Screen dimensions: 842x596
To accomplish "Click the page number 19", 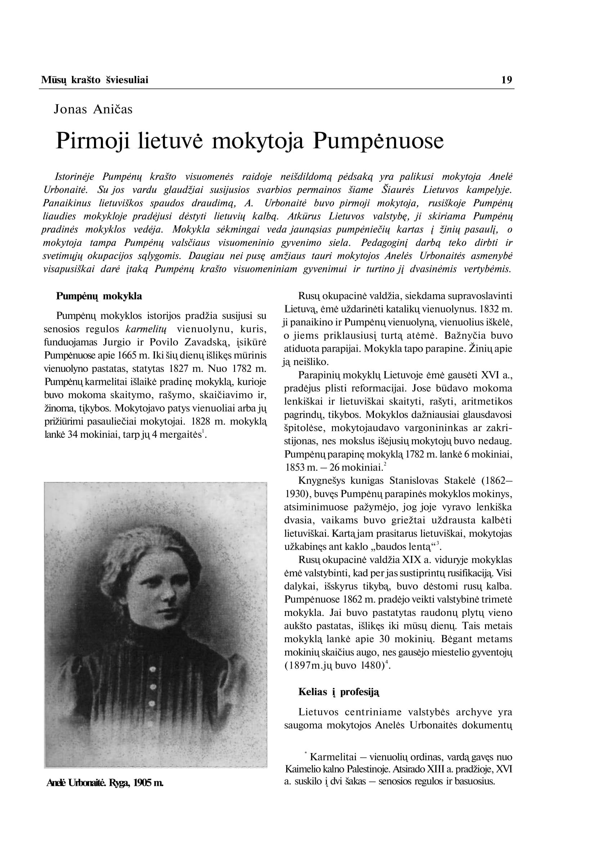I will (x=506, y=80).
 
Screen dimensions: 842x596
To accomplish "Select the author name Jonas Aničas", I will (x=93, y=109).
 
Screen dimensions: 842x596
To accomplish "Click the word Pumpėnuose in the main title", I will (x=378, y=141).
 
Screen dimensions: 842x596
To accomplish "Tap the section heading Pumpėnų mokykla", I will (x=99, y=296).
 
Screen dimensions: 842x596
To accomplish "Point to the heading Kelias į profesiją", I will (x=339, y=692).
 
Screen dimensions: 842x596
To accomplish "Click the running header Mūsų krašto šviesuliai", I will (x=95, y=80).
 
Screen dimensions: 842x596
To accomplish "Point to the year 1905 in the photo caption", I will (x=143, y=783).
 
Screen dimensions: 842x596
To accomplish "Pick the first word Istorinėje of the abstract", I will (x=74, y=177).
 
